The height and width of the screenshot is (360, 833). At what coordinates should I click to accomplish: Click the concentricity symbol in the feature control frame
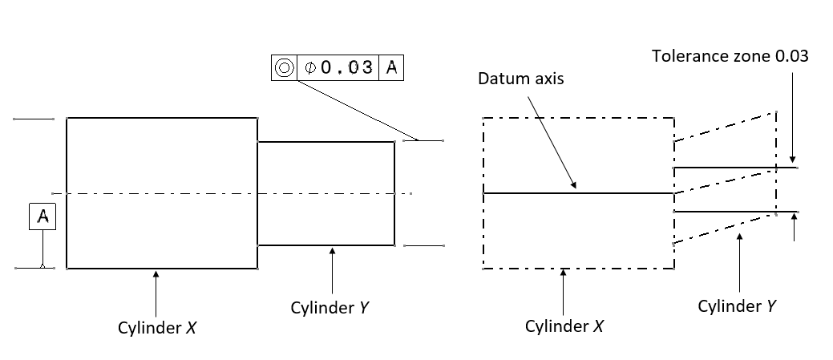(x=284, y=67)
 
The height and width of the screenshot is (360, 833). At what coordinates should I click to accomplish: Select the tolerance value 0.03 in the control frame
(x=346, y=67)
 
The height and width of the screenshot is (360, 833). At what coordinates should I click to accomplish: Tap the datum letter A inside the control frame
(x=391, y=67)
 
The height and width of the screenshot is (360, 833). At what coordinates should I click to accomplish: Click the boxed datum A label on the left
(x=42, y=216)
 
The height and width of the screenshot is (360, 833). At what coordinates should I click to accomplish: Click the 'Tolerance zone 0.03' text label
(x=730, y=56)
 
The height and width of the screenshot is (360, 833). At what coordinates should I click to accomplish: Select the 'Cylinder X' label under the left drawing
(x=156, y=326)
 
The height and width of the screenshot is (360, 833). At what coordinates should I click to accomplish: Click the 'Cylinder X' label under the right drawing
(x=564, y=326)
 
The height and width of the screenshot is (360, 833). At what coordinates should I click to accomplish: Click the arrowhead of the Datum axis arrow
(x=574, y=186)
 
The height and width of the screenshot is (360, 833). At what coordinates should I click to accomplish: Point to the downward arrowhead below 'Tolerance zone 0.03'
(x=792, y=160)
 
